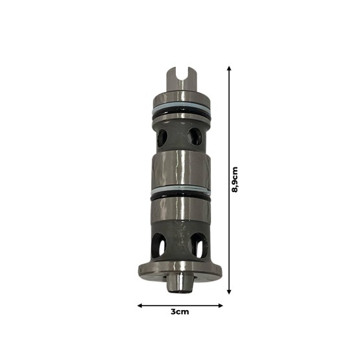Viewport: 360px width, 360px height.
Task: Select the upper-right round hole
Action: point(194,136)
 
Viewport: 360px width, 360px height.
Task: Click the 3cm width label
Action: point(179,312)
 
